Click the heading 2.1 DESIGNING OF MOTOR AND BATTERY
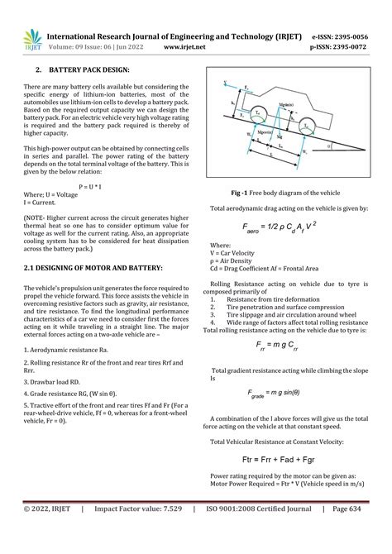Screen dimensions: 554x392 (x=93, y=269)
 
